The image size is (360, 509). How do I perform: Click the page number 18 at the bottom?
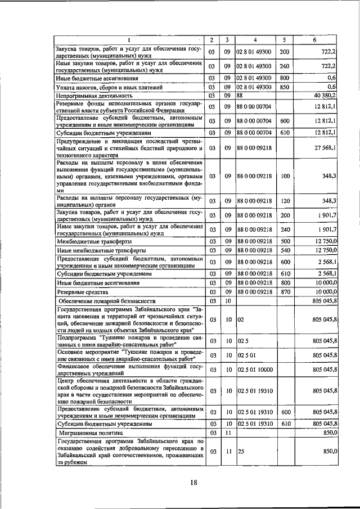click(193, 482)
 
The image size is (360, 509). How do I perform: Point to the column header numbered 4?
click(255, 40)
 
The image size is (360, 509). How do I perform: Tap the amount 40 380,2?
click(325, 96)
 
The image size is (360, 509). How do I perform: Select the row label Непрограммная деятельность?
click(90, 97)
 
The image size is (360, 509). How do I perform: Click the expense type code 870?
click(285, 292)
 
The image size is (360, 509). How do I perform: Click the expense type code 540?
click(285, 250)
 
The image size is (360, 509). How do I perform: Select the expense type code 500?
click(285, 241)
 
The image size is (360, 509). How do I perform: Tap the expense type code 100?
click(285, 176)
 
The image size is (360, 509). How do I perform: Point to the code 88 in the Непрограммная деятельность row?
click(241, 96)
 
